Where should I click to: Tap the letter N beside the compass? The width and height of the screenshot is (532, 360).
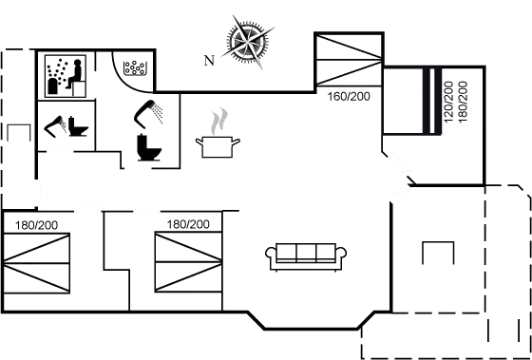click(208, 60)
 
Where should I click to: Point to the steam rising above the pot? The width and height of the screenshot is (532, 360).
click(219, 120)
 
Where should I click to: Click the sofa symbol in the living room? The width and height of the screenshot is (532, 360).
click(307, 254)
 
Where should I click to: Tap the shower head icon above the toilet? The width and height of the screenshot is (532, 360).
click(148, 111)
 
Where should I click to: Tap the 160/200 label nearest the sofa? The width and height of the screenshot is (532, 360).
click(187, 225)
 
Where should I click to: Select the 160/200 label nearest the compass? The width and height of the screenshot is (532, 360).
click(349, 96)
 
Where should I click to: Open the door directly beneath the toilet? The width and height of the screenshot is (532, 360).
click(139, 167)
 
